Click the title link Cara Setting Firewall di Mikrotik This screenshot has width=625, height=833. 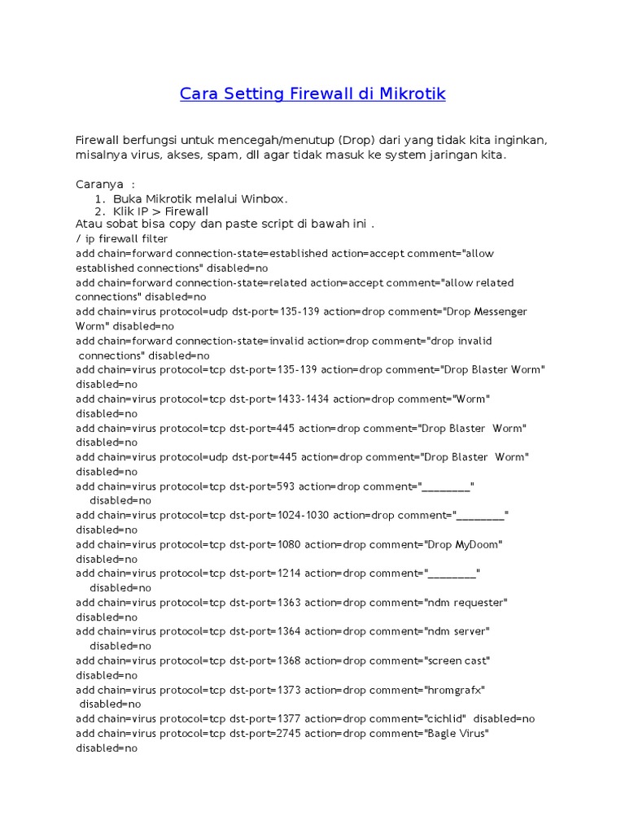pos(312,94)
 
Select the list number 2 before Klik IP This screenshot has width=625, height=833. pos(98,212)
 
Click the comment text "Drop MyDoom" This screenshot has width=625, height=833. pos(462,544)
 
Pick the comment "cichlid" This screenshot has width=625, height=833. pos(444,718)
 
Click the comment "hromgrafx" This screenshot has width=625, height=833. pos(454,690)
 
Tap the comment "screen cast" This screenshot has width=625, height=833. pos(457,661)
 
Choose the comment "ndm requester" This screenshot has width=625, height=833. pos(465,602)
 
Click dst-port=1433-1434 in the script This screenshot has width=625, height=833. pos(279,399)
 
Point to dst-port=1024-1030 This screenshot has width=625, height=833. pos(279,515)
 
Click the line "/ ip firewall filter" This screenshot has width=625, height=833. pos(122,239)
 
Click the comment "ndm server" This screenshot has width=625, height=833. pos(457,631)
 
